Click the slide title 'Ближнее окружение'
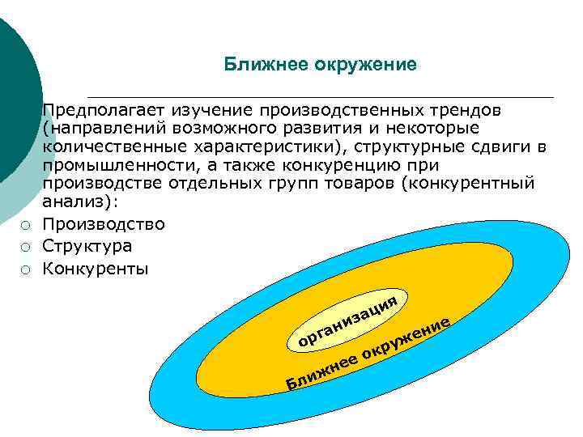321,64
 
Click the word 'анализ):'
80,202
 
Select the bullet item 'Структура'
87,246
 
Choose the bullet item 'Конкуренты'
96,268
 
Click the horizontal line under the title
320,97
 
